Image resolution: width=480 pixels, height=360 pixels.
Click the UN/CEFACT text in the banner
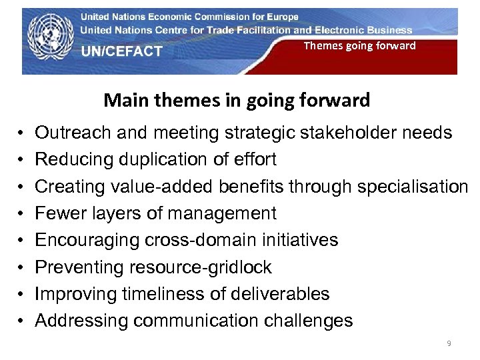tap(122, 51)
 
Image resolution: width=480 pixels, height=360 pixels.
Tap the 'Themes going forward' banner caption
tap(359, 45)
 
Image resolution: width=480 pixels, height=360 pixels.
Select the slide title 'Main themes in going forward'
tap(237, 101)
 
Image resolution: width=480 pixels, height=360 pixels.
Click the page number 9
tap(449, 343)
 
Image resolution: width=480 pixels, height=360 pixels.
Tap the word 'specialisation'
tap(413, 187)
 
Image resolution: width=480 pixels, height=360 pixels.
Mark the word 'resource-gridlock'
tap(201, 267)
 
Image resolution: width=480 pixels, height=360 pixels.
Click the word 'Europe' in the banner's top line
tap(281, 17)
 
